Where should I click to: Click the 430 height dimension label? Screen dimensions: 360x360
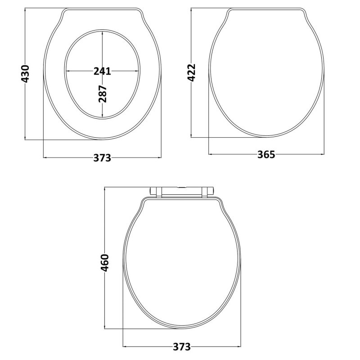click(26, 73)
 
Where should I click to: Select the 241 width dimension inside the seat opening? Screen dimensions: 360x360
click(102, 71)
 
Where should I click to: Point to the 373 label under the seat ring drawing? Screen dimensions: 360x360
click(102, 157)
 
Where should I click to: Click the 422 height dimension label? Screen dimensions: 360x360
click(192, 72)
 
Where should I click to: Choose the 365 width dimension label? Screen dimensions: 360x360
click(266, 154)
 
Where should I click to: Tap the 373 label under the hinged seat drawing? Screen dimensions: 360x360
click(182, 347)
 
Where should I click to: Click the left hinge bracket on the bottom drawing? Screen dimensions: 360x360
click(158, 193)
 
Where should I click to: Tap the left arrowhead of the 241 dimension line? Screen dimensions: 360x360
click(68, 71)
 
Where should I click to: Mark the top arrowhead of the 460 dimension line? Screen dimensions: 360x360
click(105, 189)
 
